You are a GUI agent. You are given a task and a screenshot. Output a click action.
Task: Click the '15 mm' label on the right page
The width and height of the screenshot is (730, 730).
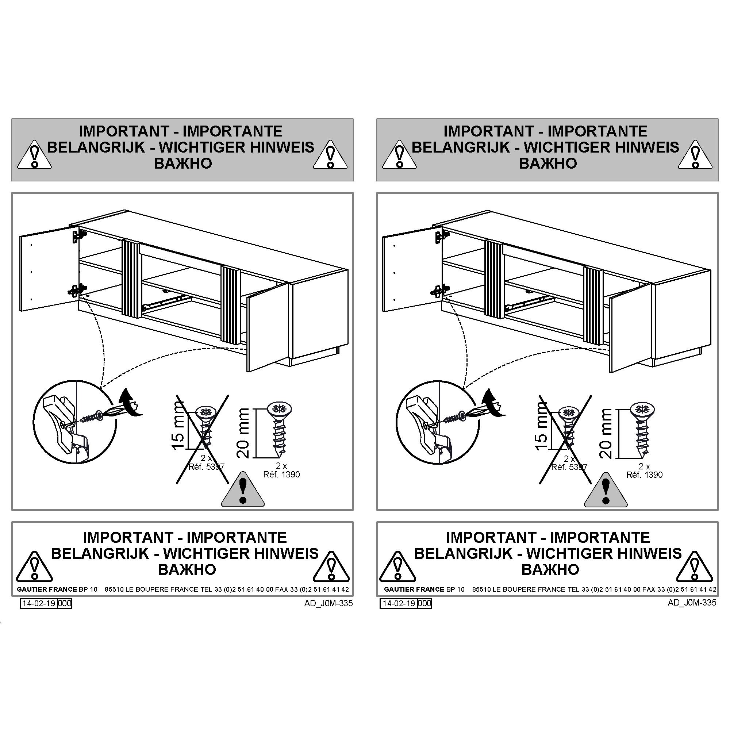[x=541, y=426]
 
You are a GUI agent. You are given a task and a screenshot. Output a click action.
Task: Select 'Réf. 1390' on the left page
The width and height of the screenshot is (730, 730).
[x=281, y=474]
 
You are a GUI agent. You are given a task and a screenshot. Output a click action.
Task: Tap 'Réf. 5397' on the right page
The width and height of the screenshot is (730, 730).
[x=569, y=467]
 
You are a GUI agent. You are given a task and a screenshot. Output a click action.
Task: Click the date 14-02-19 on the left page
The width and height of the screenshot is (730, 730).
[x=39, y=603]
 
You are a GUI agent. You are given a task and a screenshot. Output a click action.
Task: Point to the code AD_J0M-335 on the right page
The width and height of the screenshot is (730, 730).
[x=692, y=603]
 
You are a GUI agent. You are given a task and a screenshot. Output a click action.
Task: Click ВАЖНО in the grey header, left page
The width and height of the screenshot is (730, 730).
[x=183, y=164]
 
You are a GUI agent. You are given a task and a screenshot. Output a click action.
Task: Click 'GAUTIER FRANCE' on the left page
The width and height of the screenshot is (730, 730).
[x=47, y=589]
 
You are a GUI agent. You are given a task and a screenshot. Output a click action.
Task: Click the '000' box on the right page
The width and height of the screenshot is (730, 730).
[x=425, y=603]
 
